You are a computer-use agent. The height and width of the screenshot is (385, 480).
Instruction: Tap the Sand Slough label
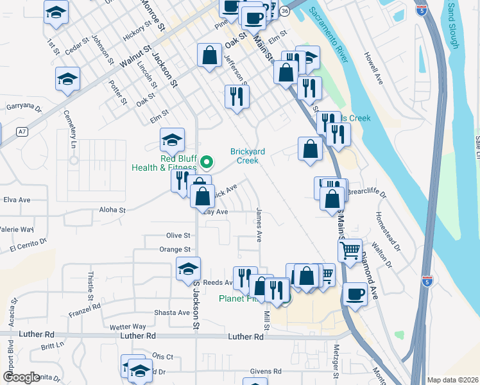453,26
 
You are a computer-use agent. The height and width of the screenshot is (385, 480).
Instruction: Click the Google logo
21,377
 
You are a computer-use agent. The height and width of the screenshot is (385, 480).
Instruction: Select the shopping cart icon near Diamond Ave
350,250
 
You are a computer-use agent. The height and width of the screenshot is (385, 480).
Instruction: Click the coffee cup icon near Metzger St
354,294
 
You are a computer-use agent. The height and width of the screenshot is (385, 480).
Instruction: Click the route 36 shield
285,11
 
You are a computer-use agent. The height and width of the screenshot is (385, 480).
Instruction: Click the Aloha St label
112,210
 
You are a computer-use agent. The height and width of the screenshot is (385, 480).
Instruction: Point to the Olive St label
178,236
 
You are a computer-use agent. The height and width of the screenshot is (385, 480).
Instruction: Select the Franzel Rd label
85,311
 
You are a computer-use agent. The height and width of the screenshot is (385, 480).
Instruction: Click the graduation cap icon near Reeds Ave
189,268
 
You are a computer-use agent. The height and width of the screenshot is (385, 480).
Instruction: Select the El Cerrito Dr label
28,244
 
